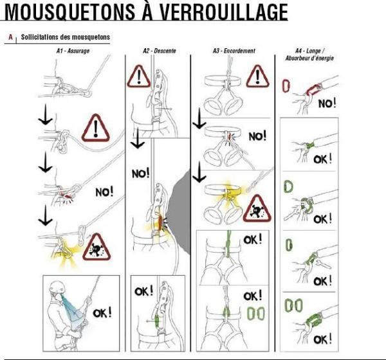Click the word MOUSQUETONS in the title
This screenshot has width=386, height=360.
69,12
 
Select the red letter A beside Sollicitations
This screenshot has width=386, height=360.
10,37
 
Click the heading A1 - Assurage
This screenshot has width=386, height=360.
73,51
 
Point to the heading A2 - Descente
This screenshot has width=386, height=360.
160,51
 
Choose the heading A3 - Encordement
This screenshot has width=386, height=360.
234,51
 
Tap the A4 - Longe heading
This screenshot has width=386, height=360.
309,51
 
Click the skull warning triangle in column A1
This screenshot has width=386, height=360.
96,247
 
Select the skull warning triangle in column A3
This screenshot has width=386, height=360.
257,209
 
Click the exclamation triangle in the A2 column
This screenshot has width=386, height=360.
138,76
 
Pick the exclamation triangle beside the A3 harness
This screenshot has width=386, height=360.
257,76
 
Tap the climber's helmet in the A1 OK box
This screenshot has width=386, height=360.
57,287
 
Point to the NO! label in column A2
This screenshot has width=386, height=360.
140,174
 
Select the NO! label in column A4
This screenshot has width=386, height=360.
327,103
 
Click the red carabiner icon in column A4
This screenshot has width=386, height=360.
286,85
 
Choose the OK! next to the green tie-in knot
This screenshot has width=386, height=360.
253,239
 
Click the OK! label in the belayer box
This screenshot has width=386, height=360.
102,313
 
